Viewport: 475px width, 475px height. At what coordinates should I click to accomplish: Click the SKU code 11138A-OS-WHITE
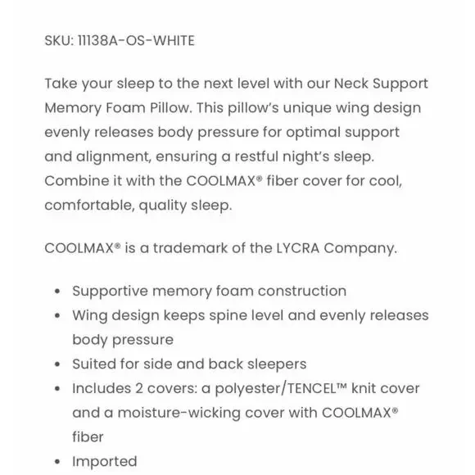[136, 39]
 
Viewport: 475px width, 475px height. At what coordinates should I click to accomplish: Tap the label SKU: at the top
[59, 39]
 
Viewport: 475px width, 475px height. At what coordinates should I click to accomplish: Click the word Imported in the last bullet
[105, 461]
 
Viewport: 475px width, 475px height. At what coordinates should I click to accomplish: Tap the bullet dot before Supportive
[57, 292]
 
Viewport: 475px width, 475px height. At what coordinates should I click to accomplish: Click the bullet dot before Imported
[57, 462]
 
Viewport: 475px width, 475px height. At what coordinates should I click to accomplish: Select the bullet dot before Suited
[57, 364]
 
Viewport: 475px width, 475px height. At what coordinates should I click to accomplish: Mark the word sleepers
[276, 364]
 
